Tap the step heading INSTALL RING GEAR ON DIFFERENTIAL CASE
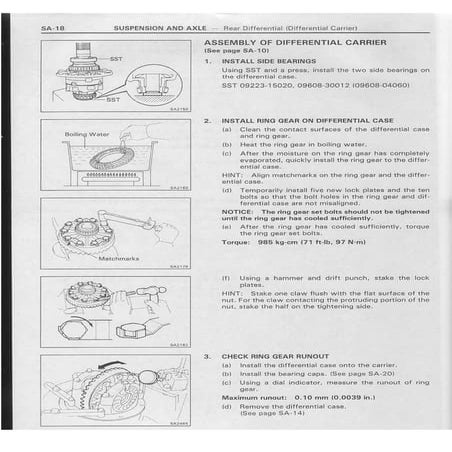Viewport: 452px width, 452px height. (306, 120)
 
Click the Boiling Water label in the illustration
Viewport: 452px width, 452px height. (87, 133)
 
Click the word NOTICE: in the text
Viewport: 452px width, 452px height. (237, 211)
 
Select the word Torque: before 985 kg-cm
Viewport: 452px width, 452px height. (236, 243)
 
